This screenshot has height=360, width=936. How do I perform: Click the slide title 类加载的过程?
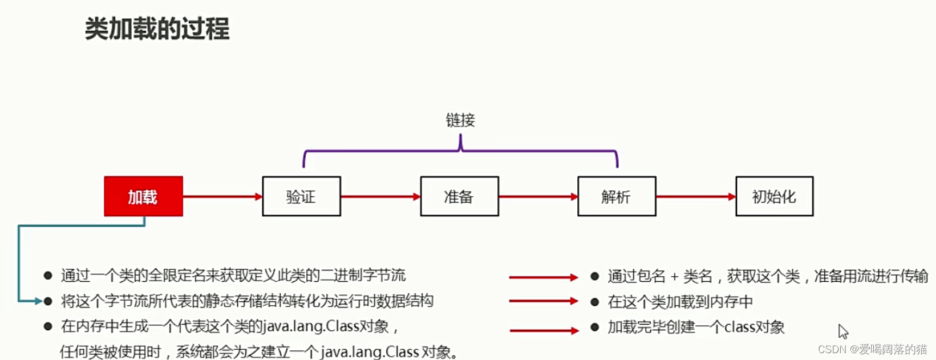tap(157, 29)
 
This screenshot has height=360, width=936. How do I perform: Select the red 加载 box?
tap(143, 196)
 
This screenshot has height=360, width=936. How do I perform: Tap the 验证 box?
tap(301, 196)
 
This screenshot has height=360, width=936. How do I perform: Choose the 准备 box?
tap(459, 196)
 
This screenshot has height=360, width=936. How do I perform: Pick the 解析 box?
tap(617, 196)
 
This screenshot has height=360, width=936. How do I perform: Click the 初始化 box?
tap(774, 196)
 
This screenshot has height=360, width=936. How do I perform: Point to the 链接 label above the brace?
tap(460, 120)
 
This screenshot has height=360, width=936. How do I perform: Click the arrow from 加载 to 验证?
tap(222, 196)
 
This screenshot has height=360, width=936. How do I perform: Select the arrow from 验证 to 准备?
tap(380, 196)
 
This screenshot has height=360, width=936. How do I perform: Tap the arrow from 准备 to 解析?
tap(538, 196)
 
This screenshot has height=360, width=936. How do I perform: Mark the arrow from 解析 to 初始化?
tap(696, 196)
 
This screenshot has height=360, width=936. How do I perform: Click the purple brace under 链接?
tap(460, 151)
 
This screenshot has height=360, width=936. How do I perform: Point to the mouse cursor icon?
tap(843, 331)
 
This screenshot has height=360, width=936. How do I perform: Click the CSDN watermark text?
tap(872, 349)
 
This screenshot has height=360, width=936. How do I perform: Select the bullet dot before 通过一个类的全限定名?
tap(48, 276)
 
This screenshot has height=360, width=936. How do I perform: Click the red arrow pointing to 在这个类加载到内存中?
tap(543, 301)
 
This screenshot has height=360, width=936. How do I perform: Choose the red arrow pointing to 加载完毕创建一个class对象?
tap(544, 330)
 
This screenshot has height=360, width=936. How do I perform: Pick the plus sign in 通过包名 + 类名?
tap(674, 277)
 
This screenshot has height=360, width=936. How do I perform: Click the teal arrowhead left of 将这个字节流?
tap(38, 301)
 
